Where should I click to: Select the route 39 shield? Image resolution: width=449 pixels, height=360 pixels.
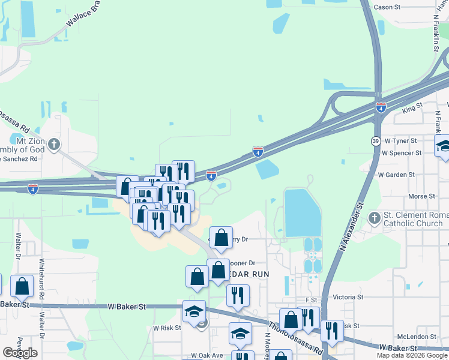(x=375, y=141)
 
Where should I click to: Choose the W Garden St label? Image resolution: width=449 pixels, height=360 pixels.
(x=396, y=175)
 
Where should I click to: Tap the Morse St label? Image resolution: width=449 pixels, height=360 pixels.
(x=421, y=197)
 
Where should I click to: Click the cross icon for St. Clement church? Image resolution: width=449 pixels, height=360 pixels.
(x=374, y=217)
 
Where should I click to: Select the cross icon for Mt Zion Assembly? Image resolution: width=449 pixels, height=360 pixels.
(x=55, y=144)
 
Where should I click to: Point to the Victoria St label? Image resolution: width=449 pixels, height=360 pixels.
(x=348, y=297)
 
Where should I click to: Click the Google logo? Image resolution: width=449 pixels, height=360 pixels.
(x=20, y=353)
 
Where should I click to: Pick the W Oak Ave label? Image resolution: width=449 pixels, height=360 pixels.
(x=207, y=356)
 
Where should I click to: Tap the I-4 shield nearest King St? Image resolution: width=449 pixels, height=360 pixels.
(x=381, y=107)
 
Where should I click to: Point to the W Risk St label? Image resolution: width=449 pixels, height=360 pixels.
(x=167, y=328)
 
